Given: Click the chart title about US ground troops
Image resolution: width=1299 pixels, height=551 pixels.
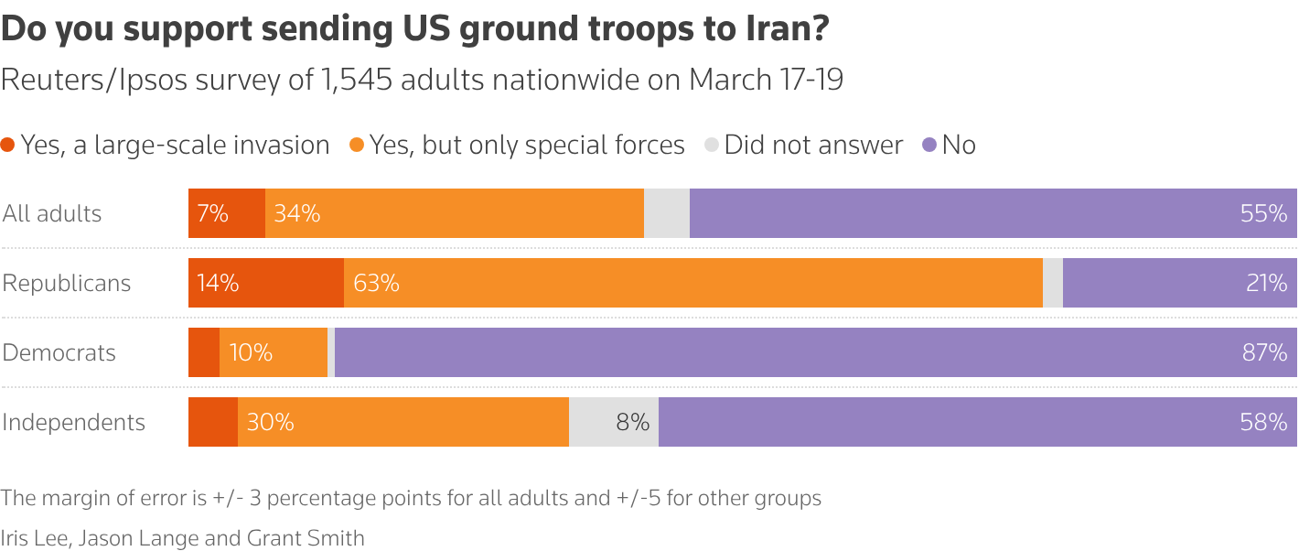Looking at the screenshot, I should click(415, 29).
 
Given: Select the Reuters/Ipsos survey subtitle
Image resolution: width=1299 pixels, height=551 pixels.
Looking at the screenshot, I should click(422, 80).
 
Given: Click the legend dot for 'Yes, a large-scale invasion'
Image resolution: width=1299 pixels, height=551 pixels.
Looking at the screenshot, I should click(8, 146).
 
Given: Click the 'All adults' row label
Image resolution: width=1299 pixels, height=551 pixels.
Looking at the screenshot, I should click(52, 214).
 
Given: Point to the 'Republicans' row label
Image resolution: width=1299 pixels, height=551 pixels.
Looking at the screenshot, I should click(67, 284).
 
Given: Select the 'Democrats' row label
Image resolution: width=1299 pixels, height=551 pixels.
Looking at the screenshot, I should click(59, 353).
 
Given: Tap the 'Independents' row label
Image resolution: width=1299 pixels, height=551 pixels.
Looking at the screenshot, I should click(74, 423).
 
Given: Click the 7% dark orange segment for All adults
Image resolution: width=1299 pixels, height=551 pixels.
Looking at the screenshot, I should click(227, 214).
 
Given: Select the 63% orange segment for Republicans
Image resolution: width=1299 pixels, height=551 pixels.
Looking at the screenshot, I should click(692, 284).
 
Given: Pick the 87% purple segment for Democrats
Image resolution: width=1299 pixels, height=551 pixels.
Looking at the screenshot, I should click(814, 353).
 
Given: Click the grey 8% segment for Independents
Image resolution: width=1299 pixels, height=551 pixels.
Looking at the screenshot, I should click(613, 423).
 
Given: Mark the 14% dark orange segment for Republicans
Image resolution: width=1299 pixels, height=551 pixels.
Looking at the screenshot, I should click(266, 284).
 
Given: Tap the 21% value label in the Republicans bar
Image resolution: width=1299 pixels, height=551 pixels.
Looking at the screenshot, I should click(1266, 284).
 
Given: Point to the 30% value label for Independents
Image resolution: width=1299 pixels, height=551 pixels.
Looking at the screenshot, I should click(270, 423).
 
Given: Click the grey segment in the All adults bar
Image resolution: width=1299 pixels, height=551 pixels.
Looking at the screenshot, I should click(667, 214).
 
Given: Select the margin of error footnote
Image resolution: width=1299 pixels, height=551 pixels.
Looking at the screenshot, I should click(411, 499).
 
